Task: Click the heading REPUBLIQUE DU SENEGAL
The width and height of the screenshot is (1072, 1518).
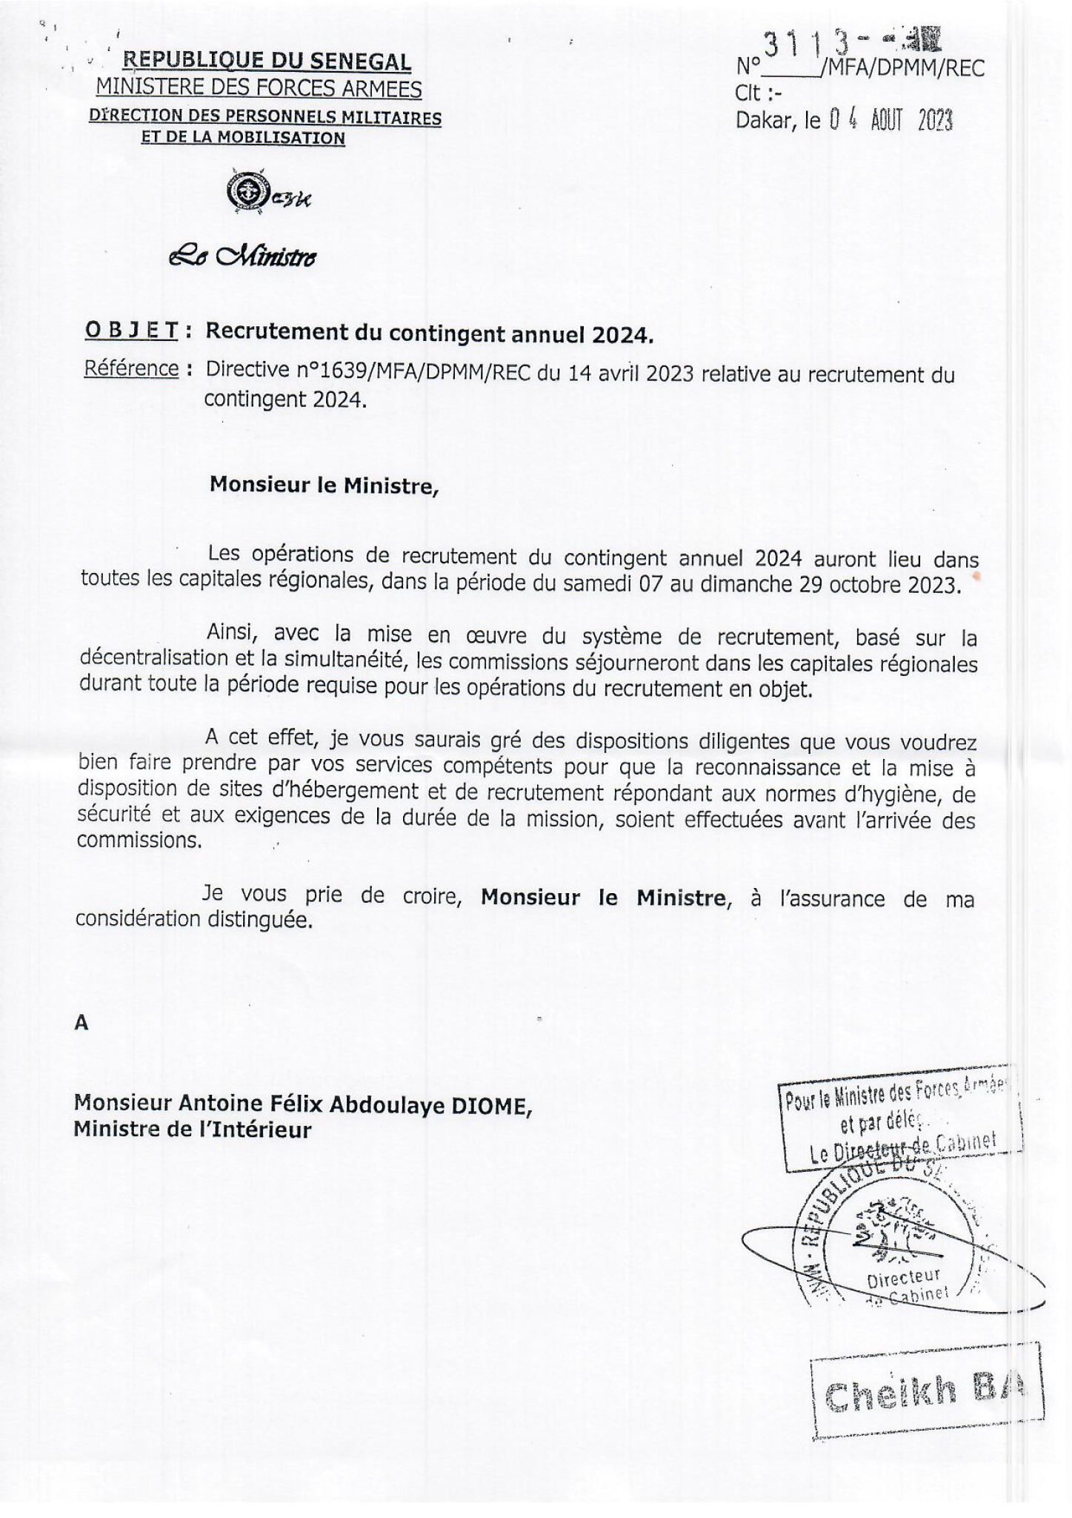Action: click(266, 62)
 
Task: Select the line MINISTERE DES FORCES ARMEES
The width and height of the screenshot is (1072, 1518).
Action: click(259, 89)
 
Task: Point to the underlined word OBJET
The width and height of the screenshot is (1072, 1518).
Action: click(132, 331)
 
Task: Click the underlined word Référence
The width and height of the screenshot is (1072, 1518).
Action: click(132, 368)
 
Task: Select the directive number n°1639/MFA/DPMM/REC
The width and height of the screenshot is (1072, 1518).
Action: click(369, 373)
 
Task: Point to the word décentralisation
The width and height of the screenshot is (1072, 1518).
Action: click(153, 659)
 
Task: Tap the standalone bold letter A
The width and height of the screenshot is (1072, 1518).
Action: click(81, 1024)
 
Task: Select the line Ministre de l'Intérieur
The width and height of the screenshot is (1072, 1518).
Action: click(192, 1130)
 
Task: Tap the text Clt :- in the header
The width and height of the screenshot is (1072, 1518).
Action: click(757, 94)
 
